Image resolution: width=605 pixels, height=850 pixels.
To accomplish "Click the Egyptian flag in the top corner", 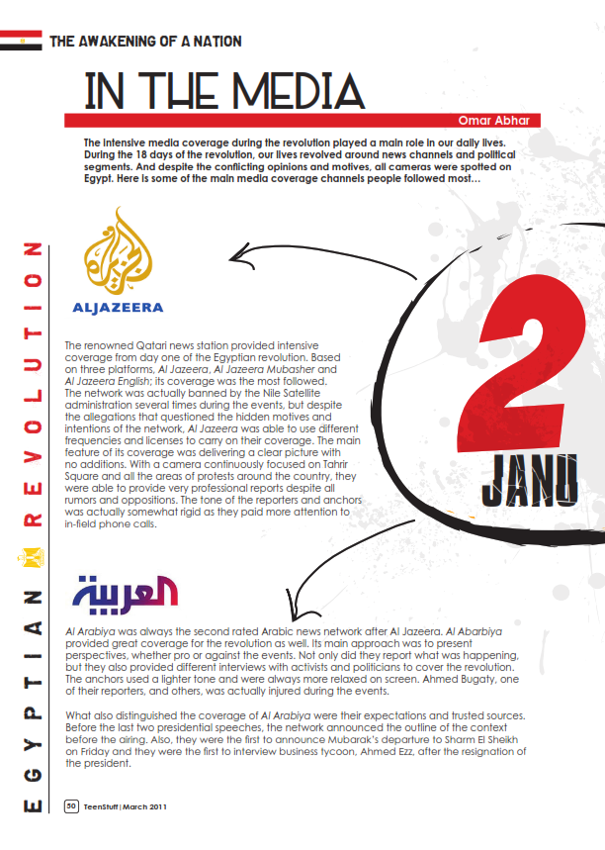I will pyautogui.click(x=21, y=40).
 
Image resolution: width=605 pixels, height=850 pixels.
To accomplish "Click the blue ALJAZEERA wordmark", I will pyautogui.click(x=117, y=308).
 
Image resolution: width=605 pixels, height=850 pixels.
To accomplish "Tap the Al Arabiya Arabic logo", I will pyautogui.click(x=125, y=592).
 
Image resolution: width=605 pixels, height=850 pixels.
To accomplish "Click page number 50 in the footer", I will pyautogui.click(x=71, y=805).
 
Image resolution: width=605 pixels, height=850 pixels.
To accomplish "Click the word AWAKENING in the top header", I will pyautogui.click(x=125, y=42).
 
